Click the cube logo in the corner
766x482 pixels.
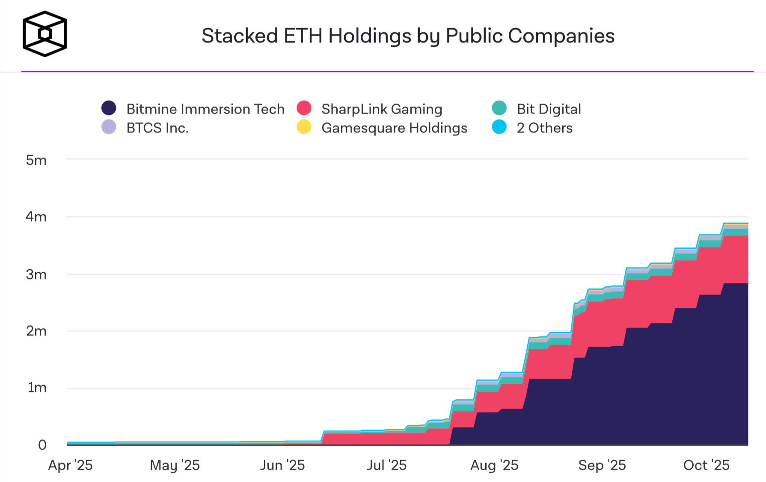(x=45, y=34)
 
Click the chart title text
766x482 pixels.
(x=408, y=36)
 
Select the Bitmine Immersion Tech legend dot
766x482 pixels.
(x=109, y=108)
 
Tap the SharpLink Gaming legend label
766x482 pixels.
(x=382, y=109)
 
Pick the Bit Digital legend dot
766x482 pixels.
(x=499, y=108)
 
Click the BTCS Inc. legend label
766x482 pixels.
(x=157, y=128)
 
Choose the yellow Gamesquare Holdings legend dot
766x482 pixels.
(x=304, y=127)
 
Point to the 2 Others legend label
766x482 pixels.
(x=544, y=128)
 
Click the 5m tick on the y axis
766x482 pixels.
(x=36, y=160)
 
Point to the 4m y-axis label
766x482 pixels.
(x=36, y=217)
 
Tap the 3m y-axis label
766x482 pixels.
(x=36, y=274)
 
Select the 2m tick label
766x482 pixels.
(x=36, y=331)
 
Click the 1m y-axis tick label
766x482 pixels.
(x=37, y=388)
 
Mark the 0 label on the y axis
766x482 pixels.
(x=42, y=445)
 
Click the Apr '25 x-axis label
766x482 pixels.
(x=71, y=465)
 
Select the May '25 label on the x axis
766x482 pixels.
(x=175, y=465)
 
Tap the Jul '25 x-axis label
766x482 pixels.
(x=386, y=465)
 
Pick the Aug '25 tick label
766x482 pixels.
(x=494, y=465)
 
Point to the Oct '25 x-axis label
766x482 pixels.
(x=706, y=465)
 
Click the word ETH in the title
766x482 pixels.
(x=303, y=36)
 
